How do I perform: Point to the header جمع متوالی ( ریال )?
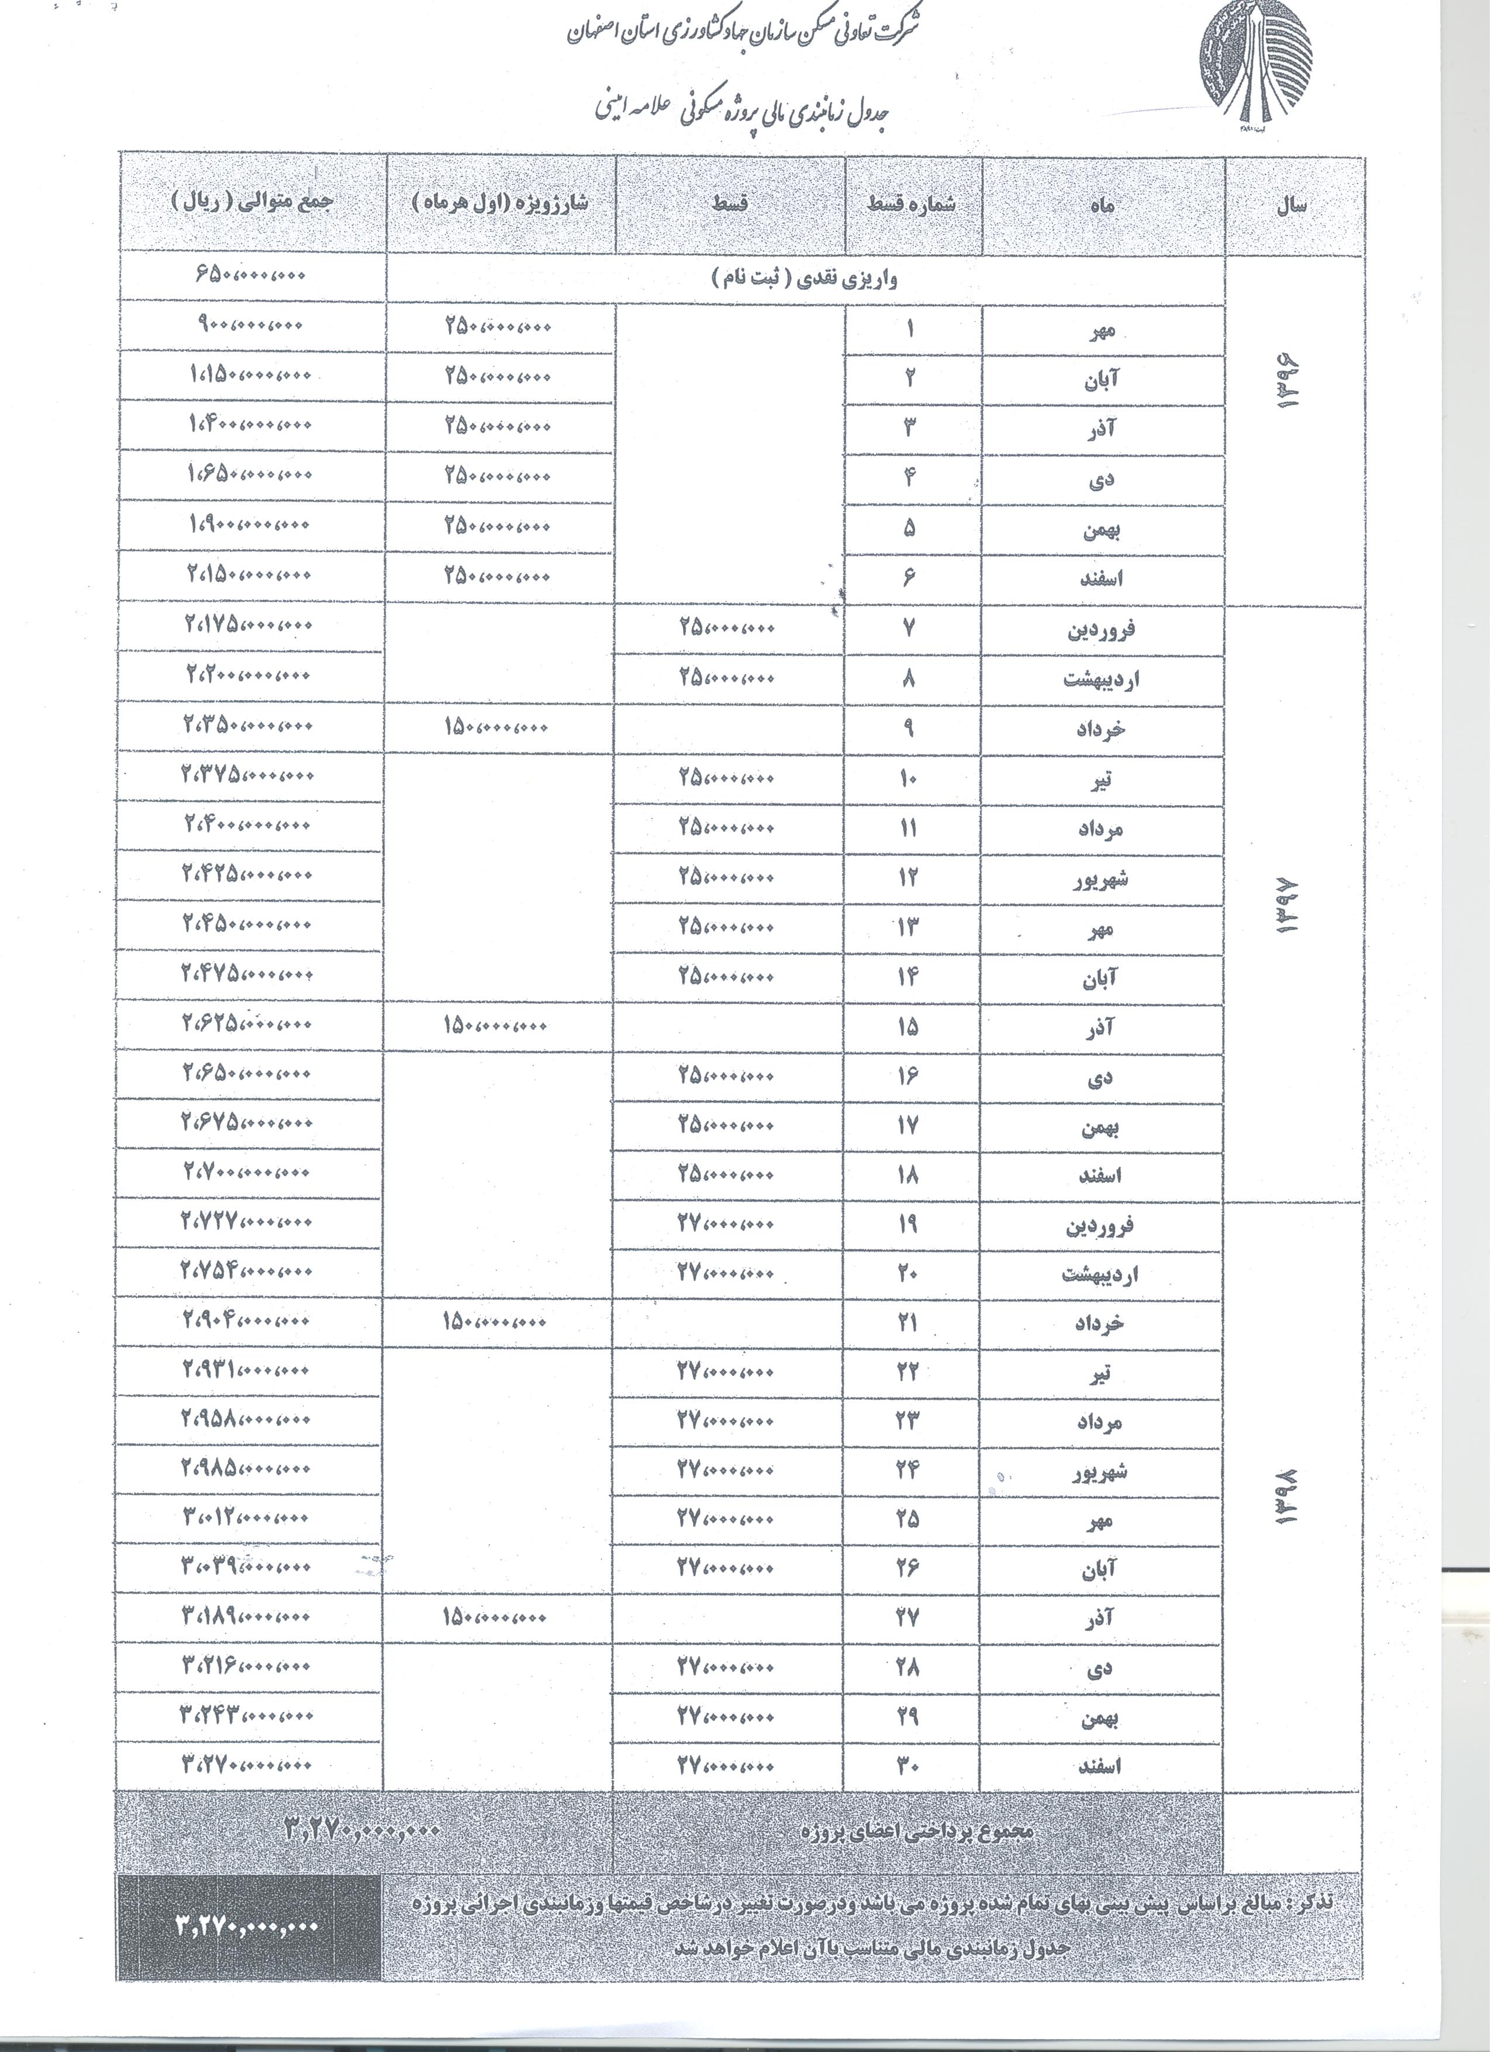(253, 201)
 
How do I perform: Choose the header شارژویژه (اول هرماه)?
(501, 201)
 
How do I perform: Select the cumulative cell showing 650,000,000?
(251, 274)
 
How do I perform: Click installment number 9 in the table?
(909, 727)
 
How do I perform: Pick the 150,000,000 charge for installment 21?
(494, 1321)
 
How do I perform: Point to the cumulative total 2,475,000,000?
(247, 973)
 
